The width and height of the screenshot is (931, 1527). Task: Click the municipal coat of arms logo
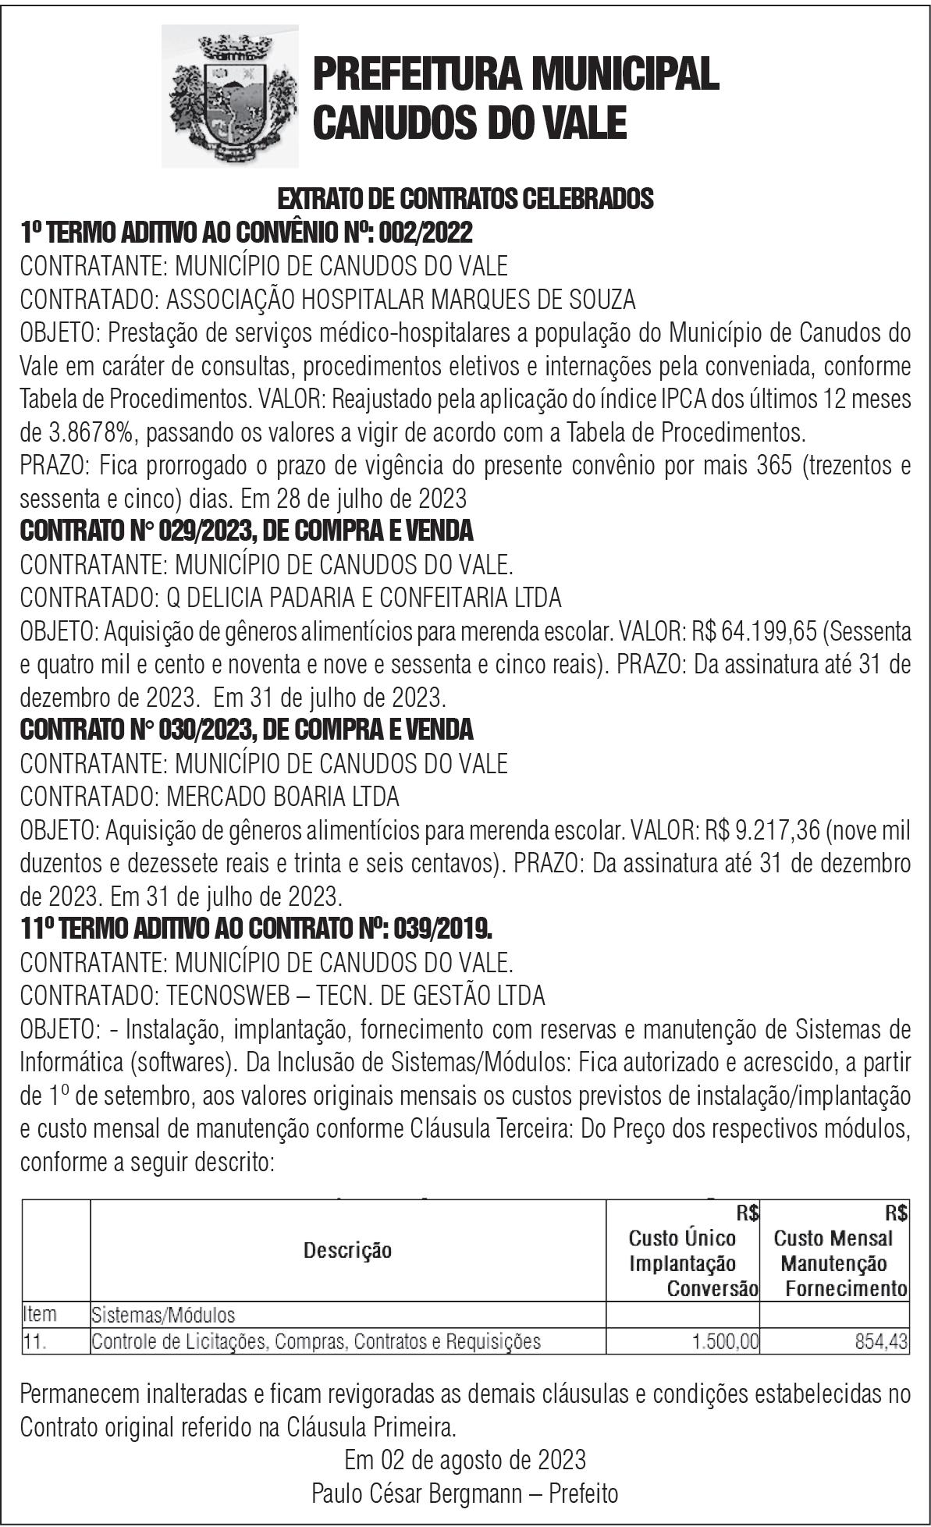pos(229,96)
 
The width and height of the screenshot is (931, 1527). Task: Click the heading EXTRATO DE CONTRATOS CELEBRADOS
pos(465,199)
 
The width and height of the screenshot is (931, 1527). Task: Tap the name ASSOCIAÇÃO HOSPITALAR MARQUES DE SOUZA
pos(401,299)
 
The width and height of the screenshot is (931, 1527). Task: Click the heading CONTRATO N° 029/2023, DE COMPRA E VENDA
pos(247,531)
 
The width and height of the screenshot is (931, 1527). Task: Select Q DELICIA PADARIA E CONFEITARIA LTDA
pos(364,598)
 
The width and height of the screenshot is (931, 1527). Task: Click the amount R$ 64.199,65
pos(761,630)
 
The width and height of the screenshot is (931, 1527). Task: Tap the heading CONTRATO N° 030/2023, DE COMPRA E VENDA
pos(247,730)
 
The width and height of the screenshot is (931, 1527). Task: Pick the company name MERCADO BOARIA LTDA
pos(282,797)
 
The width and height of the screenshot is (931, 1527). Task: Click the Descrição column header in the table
pos(348,1250)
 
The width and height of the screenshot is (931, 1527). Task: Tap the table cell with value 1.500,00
pos(725,1342)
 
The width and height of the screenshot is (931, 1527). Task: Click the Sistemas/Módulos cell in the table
pos(163,1315)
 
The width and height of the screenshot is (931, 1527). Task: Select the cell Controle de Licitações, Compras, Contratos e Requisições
pos(316,1342)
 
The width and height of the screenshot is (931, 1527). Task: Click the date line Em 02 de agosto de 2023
pos(465,1459)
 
